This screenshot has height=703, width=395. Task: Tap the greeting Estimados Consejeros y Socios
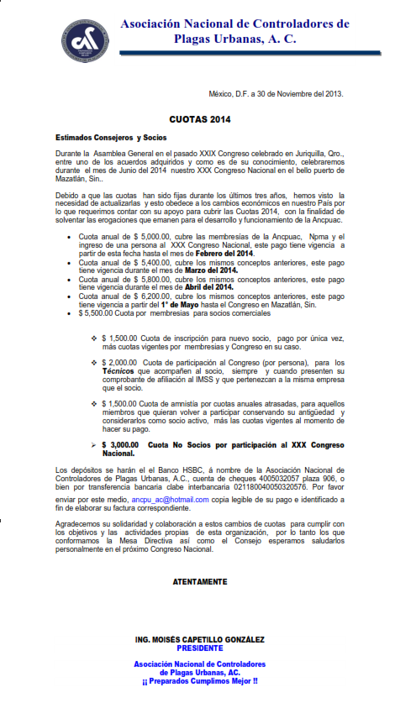tap(112, 137)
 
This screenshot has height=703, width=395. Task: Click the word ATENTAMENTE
tap(199, 581)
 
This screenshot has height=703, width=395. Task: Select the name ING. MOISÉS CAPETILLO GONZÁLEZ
tap(200, 640)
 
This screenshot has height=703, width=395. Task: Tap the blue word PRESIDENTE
tap(200, 648)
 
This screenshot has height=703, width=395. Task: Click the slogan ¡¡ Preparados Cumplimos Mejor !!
tap(200, 680)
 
